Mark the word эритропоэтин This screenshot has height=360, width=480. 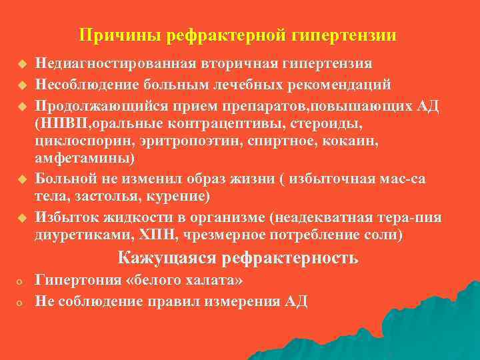coord(183,142)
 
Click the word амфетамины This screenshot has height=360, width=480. coord(84,159)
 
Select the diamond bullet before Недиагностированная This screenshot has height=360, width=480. coord(21,65)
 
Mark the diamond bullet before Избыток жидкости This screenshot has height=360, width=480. coord(21,218)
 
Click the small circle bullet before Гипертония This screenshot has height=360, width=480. coord(21,281)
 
